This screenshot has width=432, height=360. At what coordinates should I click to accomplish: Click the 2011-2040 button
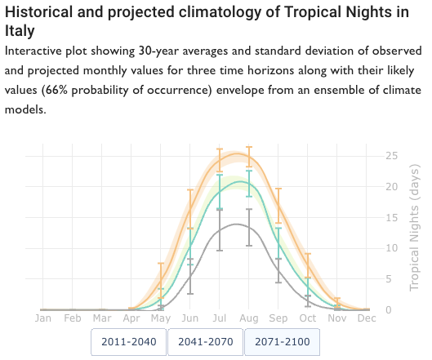point(129,342)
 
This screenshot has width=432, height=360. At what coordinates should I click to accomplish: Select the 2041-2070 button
point(206,342)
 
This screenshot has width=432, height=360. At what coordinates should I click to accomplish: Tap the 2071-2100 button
point(283,342)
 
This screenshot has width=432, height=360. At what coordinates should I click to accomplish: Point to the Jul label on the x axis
point(220,318)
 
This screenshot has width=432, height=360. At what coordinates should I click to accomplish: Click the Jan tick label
point(43,318)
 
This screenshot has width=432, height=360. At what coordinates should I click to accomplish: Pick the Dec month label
point(367,318)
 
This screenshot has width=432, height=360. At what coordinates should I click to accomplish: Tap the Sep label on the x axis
point(278,318)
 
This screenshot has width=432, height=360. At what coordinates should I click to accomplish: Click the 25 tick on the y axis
point(392,156)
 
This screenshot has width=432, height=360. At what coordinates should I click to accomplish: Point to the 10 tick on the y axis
point(392,248)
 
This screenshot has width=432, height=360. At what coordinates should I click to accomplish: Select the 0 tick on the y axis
point(389,310)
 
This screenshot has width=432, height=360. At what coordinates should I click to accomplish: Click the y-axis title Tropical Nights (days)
point(414,228)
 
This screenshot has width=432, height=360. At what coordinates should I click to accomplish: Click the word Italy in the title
point(20,30)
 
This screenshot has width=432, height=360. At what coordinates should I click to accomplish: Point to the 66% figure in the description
point(56,91)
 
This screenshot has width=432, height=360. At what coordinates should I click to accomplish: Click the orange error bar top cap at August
point(249,147)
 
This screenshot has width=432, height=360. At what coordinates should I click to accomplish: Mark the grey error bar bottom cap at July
point(220,251)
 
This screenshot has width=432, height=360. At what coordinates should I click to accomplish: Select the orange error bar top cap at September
point(278,189)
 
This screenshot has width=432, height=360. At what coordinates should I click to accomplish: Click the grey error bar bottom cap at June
point(190,294)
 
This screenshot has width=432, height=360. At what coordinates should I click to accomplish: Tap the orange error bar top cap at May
point(161,264)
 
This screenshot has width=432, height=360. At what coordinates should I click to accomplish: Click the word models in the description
point(25,110)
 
